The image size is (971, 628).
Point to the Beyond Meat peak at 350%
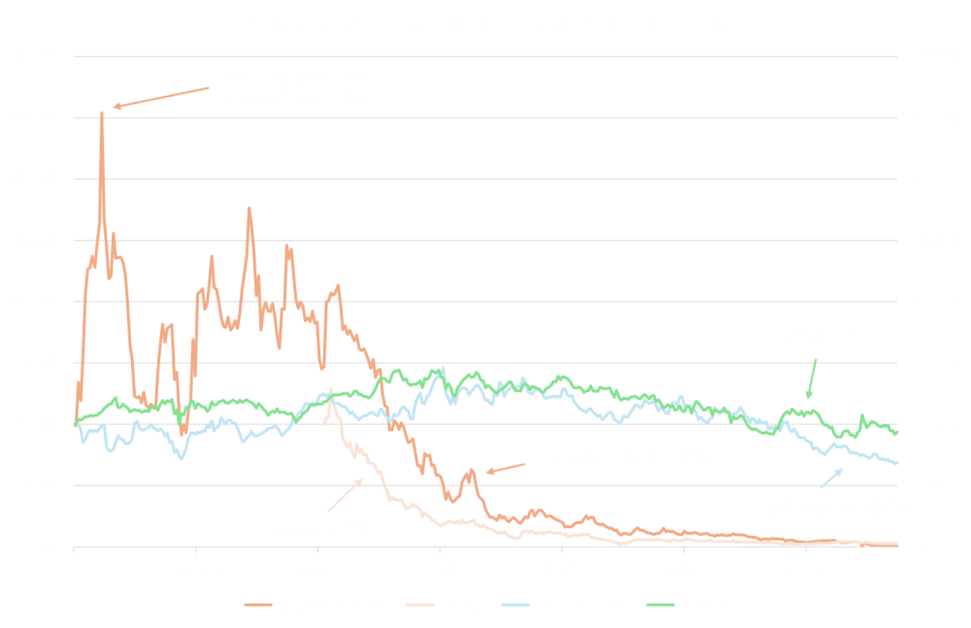click(x=102, y=115)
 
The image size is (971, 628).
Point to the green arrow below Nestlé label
click(x=812, y=378)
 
